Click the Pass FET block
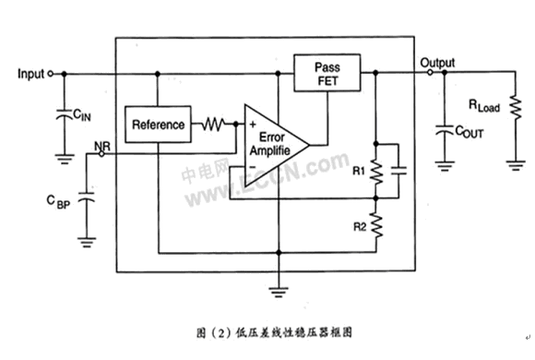(x=327, y=73)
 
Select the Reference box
(x=158, y=125)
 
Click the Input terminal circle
(x=50, y=74)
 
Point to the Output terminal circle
(x=430, y=72)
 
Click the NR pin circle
(x=101, y=154)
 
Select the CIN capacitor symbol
(x=65, y=114)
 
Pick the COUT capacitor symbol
(x=445, y=130)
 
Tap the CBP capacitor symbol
(x=87, y=198)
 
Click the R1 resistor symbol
(x=376, y=171)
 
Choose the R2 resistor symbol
(x=376, y=225)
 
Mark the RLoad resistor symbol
(x=516, y=108)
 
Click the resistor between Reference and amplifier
(x=213, y=124)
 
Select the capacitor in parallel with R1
(x=398, y=171)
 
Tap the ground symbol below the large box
(x=279, y=292)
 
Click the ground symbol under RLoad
(x=516, y=165)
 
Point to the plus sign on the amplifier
(x=253, y=125)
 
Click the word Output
(x=437, y=63)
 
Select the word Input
(x=30, y=74)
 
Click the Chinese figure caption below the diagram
(x=274, y=332)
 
